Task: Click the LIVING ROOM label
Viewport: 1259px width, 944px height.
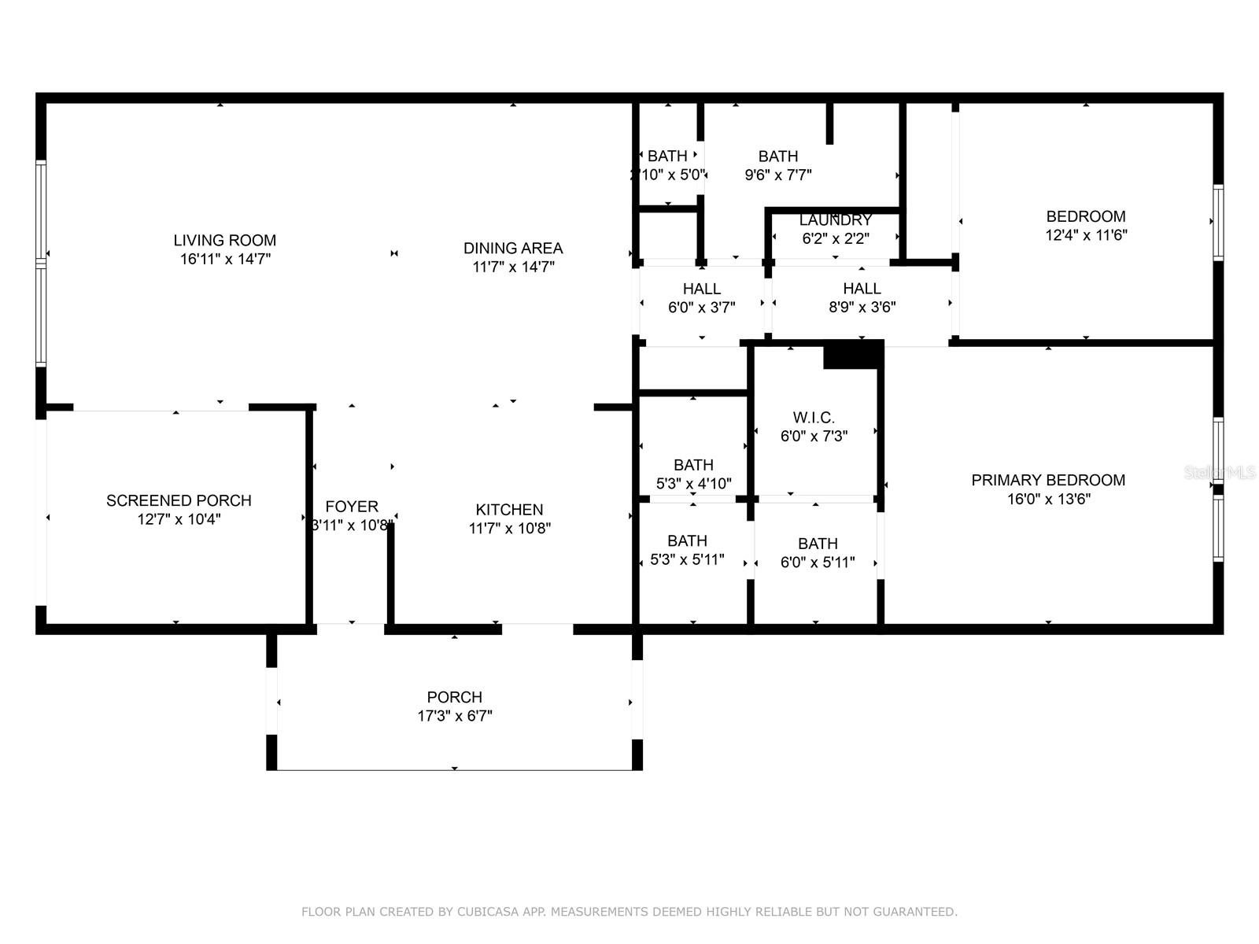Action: coord(225,240)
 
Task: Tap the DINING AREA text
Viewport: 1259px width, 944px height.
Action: coord(513,248)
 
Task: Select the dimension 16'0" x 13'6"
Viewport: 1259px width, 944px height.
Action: coord(1048,499)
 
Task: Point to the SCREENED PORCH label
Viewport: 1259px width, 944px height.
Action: coord(179,500)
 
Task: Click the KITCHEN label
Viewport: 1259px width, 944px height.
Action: coord(509,510)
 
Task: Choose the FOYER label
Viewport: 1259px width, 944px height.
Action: coord(352,507)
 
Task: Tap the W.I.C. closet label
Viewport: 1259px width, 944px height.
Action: coord(814,417)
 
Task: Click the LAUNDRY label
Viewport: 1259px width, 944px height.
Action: coord(835,219)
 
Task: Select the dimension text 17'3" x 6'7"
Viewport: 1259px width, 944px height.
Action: coord(455,715)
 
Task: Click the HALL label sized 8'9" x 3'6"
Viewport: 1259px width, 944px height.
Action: coord(862,288)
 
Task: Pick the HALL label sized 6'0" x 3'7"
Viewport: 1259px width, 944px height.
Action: coord(701,288)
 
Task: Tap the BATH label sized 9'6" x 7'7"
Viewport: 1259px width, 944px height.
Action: coord(777,157)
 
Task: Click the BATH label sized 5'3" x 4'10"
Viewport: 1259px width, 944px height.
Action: coord(693,465)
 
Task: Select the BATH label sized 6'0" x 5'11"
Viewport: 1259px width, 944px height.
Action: coord(818,544)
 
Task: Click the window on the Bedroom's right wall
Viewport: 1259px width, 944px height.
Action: coord(1218,223)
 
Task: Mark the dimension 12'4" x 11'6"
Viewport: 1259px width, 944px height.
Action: coord(1086,235)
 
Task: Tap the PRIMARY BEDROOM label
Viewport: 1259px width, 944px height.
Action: coord(1048,480)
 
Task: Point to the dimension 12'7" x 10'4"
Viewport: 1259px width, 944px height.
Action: coord(179,519)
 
